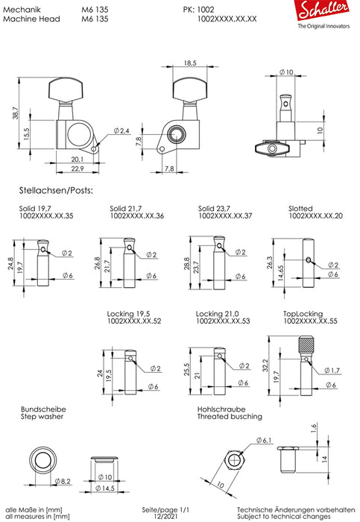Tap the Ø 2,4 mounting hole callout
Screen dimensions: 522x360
[121, 131]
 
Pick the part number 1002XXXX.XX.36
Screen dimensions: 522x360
[138, 216]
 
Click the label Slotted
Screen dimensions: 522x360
[300, 208]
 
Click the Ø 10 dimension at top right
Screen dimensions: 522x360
[285, 72]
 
